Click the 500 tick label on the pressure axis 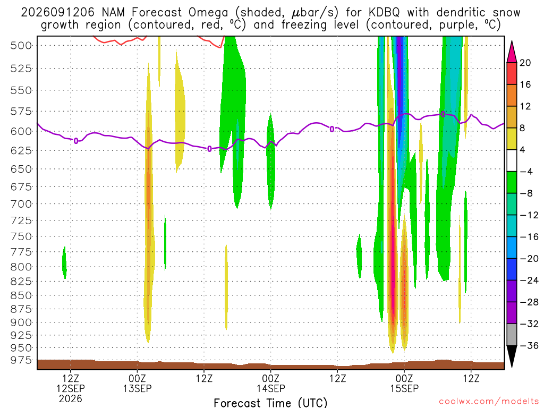point(21,46)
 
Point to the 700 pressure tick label point(21,203)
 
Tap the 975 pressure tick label point(21,360)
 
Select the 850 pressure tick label point(21,295)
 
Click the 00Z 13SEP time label point(138,383)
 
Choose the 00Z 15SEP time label point(404,383)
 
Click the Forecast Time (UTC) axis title point(270,403)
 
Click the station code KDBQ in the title point(384,13)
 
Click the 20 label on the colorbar point(525,63)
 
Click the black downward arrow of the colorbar point(512,355)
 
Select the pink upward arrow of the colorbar point(512,53)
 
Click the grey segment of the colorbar point(512,335)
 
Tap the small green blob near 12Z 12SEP point(64,263)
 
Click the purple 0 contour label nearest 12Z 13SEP point(209,149)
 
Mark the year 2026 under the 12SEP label point(71,398)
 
